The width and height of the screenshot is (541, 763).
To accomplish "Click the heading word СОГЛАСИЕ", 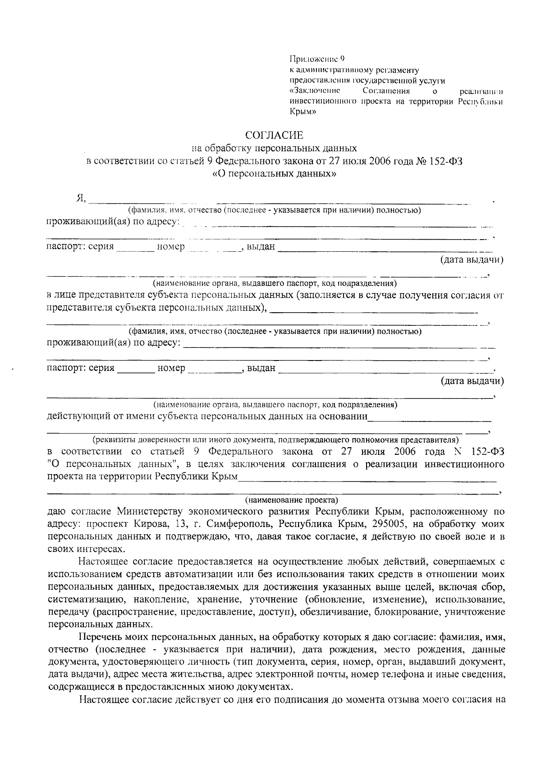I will point(275,135).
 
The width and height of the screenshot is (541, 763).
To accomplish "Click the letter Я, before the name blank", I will point(81,198).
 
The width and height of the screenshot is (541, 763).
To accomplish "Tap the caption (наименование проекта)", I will point(292,500).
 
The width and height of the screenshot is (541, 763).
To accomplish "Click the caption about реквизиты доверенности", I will point(275,439).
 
